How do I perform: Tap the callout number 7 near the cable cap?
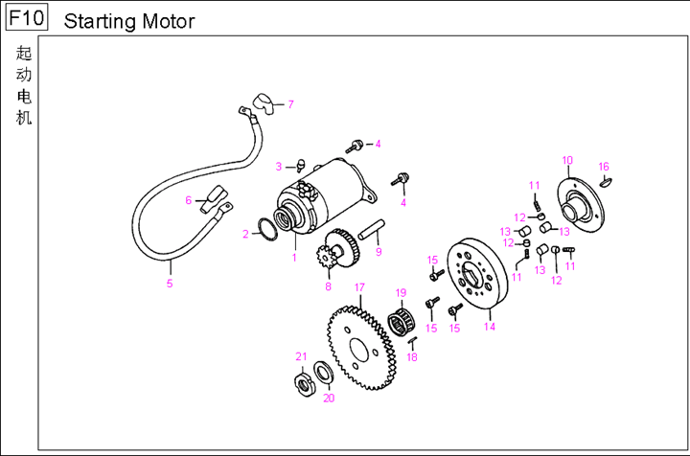click(290, 104)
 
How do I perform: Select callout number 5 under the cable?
click(170, 284)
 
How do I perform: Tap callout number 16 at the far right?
click(604, 167)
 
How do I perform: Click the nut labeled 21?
click(304, 384)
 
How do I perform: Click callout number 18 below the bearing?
click(412, 357)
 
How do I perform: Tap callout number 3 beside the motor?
click(279, 167)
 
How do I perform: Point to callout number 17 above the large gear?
click(359, 287)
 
